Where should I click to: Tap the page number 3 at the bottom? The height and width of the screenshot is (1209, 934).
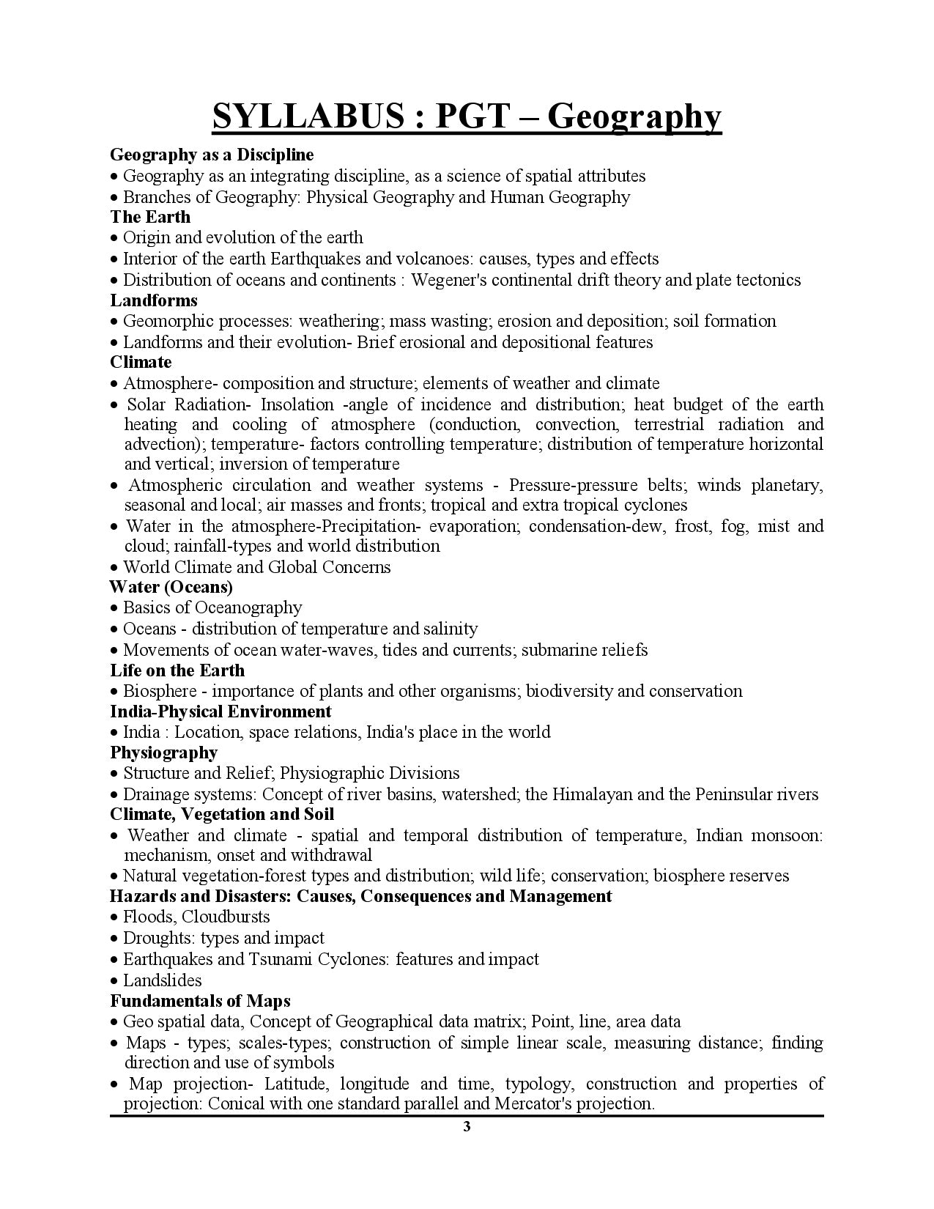(467, 1127)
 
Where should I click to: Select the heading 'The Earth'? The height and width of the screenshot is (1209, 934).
(150, 217)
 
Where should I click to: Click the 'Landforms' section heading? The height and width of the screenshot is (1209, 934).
(154, 300)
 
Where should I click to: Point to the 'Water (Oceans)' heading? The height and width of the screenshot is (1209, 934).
(171, 587)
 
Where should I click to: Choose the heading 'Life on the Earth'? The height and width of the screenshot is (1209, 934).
(177, 670)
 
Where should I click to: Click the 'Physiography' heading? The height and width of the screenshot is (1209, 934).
(164, 753)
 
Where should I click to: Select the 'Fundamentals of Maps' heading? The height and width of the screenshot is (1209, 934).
(200, 1001)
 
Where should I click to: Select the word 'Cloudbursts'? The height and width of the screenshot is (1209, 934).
(226, 917)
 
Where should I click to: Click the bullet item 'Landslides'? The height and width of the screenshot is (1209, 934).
(162, 980)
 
